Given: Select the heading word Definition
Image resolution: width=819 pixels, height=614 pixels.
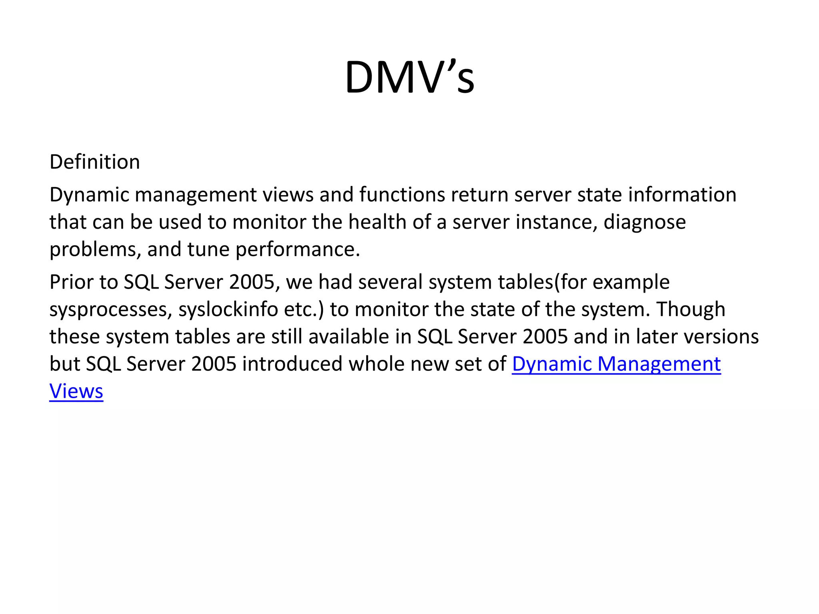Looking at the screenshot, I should (x=95, y=162).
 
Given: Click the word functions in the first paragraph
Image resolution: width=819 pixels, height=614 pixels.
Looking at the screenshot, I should (x=402, y=195).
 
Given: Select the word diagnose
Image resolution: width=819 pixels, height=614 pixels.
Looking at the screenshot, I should (x=645, y=222).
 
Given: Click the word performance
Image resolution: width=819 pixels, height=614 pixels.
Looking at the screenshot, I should (x=298, y=250).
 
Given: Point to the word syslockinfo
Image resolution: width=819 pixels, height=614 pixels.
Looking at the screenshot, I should (x=228, y=310).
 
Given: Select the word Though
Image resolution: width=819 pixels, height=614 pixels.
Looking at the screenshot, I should (x=691, y=310).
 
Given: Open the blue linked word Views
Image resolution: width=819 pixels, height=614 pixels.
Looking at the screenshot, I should (x=76, y=391).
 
